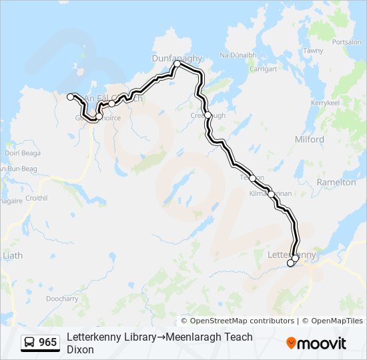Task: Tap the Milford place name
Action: pos(309,139)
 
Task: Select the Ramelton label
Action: pos(337,182)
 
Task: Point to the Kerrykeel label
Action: pos(325,103)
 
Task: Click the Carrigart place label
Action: pos(263,69)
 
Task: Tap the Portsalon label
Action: pos(346,42)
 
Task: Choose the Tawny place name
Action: pos(313,51)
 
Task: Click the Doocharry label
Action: pos(63,299)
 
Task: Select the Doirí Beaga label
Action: pos(23,153)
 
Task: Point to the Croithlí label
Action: pos(36,198)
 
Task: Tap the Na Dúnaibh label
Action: pos(238,55)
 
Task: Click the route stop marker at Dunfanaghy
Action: pos(177,65)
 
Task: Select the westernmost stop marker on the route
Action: pos(70,97)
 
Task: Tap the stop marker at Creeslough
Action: pos(208,115)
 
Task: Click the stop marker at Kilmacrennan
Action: pos(271,194)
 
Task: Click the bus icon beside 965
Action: pos(29,343)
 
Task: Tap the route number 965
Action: pos(48,343)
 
